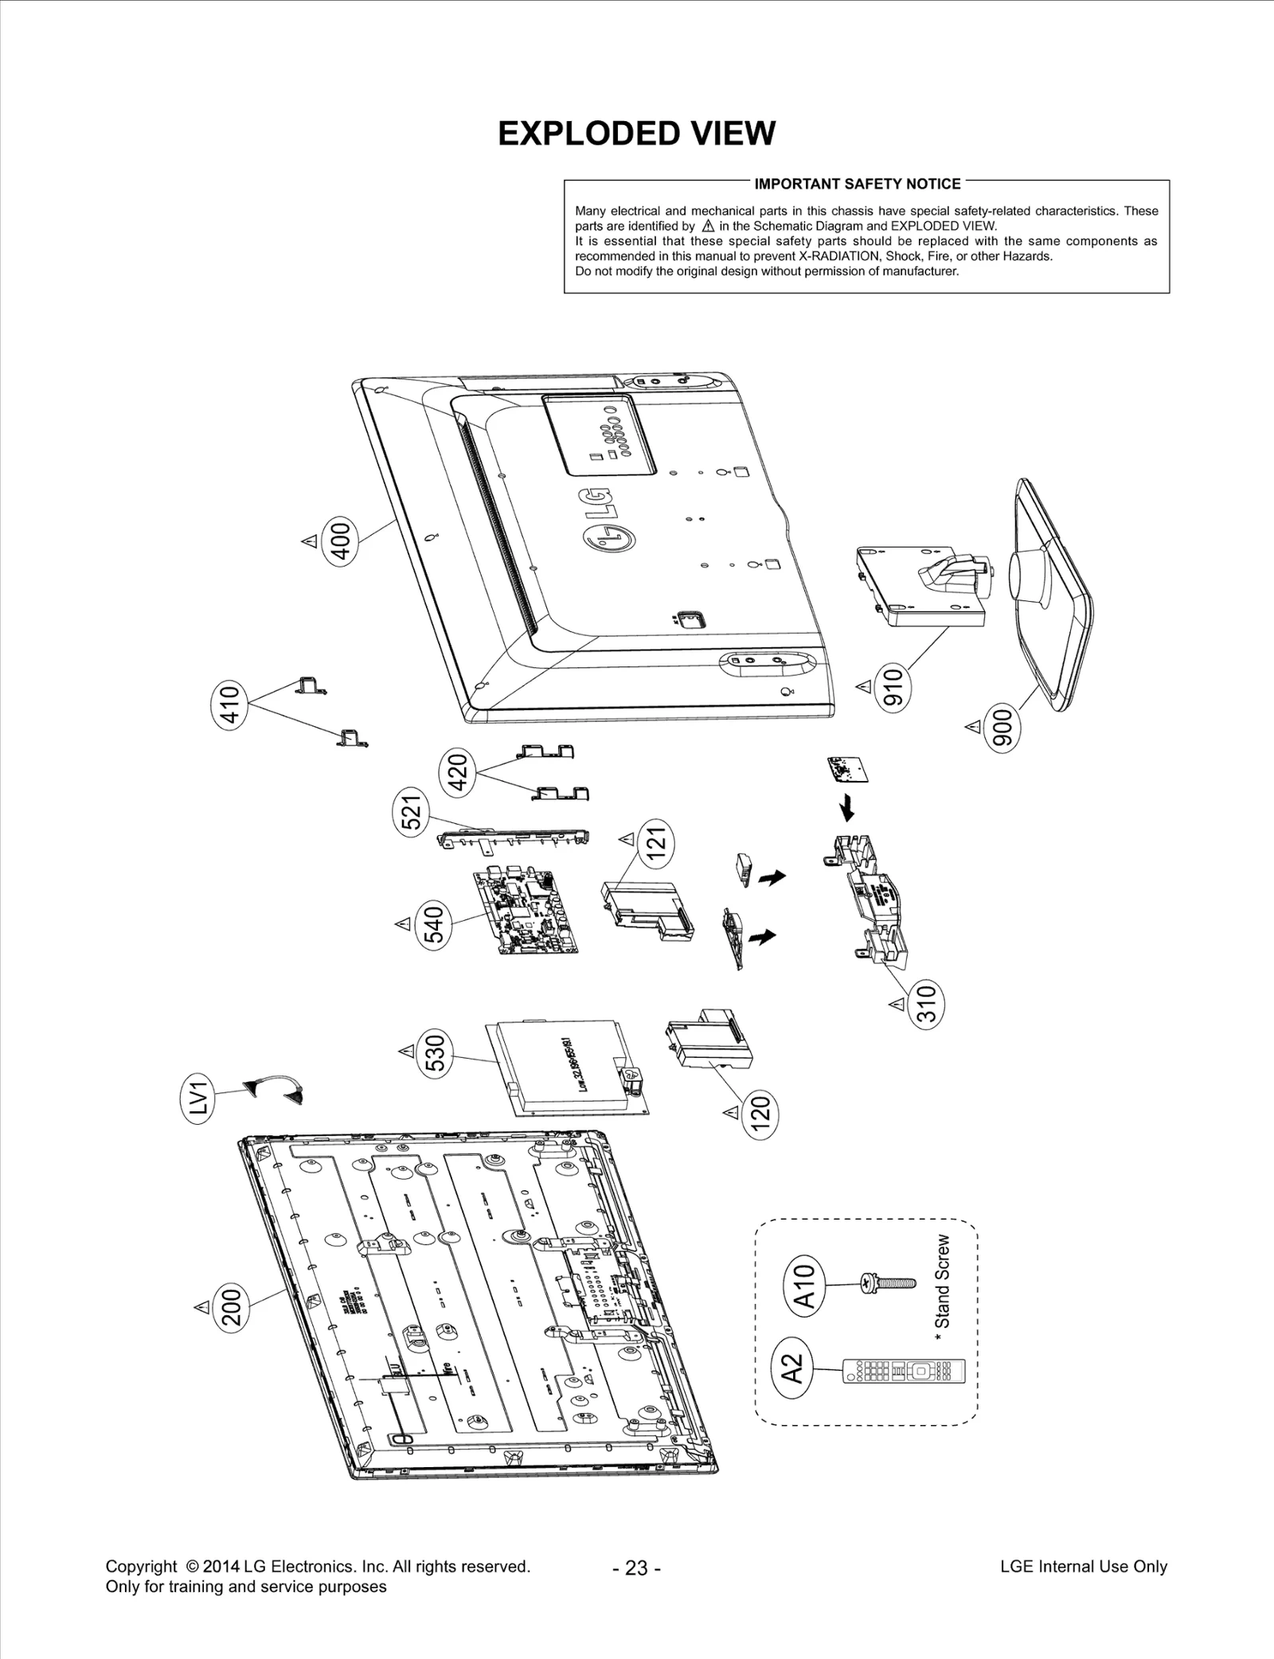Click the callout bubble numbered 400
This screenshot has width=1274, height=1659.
(340, 541)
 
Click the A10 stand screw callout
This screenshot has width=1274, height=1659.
(805, 1286)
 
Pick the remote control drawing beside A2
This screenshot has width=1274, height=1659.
(904, 1371)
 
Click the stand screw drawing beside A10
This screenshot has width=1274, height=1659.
(889, 1282)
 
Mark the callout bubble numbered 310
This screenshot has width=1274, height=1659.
(926, 1005)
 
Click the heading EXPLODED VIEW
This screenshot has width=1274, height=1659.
(636, 134)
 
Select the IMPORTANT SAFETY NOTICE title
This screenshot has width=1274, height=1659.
(858, 184)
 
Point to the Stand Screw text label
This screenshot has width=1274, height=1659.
(943, 1282)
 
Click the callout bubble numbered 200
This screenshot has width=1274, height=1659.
(233, 1306)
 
